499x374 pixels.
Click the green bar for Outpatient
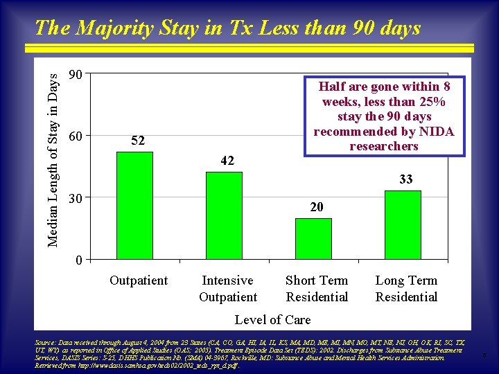point(134,205)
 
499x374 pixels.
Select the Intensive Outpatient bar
point(224,215)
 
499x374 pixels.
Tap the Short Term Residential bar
point(313,238)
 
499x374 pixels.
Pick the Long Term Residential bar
point(403,224)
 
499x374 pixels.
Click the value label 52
point(138,141)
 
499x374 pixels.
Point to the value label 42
point(227,161)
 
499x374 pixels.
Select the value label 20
point(317,207)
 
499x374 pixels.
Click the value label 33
point(406,179)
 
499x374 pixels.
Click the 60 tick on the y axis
point(77,136)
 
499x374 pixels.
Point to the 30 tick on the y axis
point(77,198)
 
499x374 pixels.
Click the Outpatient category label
point(139,280)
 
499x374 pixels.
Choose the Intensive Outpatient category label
point(228,289)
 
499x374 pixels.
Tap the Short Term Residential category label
point(317,289)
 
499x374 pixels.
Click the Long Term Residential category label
point(406,289)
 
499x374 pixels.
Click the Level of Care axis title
point(272,319)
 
